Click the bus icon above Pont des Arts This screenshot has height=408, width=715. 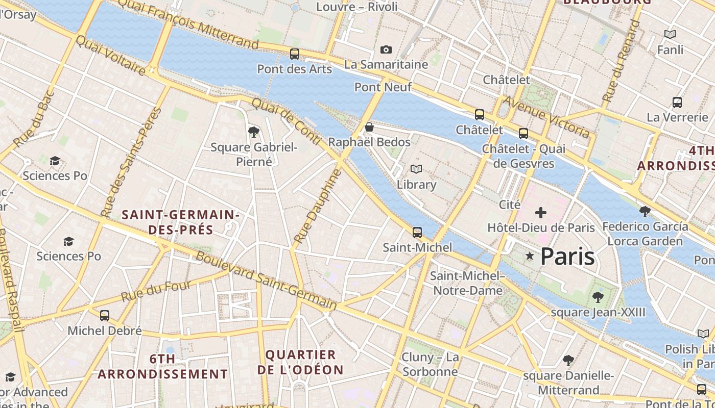tap(295, 54)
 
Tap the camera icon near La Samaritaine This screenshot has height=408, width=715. tap(386, 49)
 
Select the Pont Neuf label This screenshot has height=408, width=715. tap(383, 87)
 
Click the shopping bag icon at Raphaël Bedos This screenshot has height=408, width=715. tap(369, 127)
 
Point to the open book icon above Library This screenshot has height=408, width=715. tap(416, 169)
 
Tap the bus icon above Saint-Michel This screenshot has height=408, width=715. tap(417, 233)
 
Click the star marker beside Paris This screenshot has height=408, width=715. tap(530, 256)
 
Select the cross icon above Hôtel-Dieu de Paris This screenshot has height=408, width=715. tap(541, 212)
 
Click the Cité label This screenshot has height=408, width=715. tap(510, 205)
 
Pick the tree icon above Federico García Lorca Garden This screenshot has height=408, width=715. tap(645, 211)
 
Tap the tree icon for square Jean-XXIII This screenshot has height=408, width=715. tap(598, 297)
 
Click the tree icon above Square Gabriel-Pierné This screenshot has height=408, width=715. tap(253, 132)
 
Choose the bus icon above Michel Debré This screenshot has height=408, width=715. tap(105, 315)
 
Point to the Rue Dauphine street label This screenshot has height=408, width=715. tap(318, 206)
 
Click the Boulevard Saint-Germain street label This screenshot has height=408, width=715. tap(266, 280)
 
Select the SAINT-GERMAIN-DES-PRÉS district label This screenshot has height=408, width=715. tap(181, 222)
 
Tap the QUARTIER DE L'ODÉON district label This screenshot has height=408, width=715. tap(300, 362)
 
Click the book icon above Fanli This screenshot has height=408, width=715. tap(670, 34)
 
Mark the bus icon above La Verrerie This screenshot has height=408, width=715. tap(677, 102)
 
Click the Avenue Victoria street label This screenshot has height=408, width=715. tap(546, 117)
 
